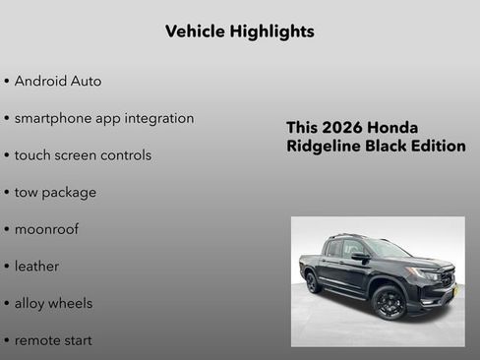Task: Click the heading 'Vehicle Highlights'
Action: (x=240, y=31)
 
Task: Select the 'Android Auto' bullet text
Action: (x=58, y=82)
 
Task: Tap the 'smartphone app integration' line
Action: (x=104, y=118)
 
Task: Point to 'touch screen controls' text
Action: (x=83, y=155)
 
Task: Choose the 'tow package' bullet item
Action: (x=55, y=193)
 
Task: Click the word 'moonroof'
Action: (x=46, y=229)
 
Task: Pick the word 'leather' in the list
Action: (x=36, y=267)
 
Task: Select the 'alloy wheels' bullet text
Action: (x=53, y=303)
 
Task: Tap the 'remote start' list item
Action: (x=53, y=340)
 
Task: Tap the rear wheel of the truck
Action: (x=314, y=282)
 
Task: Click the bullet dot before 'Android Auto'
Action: (x=7, y=82)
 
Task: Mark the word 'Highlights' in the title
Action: (x=272, y=31)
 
